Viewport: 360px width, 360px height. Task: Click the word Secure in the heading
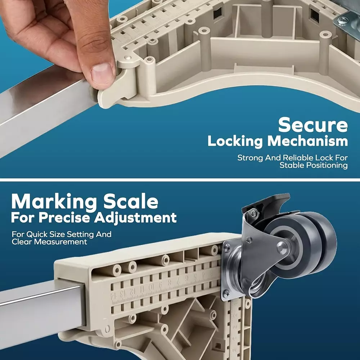(313, 125)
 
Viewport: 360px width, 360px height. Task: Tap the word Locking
(235, 141)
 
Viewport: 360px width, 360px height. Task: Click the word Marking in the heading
(54, 202)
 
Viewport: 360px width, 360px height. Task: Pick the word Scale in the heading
(131, 201)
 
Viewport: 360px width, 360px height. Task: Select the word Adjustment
(135, 218)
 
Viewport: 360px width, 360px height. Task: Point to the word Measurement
(60, 242)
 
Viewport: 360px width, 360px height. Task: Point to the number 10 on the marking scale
(151, 287)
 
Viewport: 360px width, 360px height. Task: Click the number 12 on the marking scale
(132, 291)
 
